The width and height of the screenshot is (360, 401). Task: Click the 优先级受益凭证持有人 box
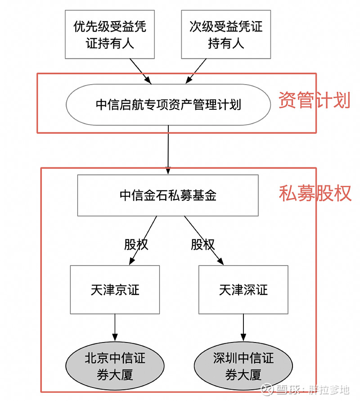109,34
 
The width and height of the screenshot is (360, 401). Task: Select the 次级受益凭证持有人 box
226,34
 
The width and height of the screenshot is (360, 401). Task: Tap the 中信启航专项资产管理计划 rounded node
168,105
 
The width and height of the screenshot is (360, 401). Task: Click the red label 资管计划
314,100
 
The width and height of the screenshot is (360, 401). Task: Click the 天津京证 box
115,289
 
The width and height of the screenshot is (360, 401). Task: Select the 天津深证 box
243,289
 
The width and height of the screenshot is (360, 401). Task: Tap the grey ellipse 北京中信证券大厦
115,367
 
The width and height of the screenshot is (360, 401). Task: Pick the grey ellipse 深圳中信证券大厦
243,367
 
